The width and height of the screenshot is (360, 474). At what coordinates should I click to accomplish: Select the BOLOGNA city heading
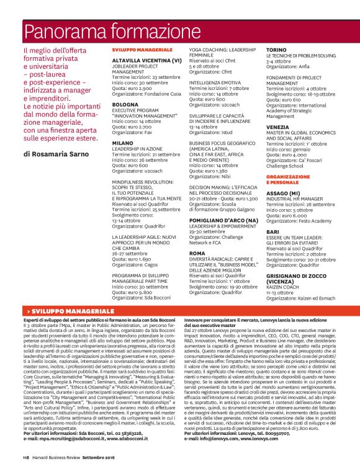125,105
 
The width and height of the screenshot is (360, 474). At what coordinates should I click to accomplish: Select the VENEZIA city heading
277,127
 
